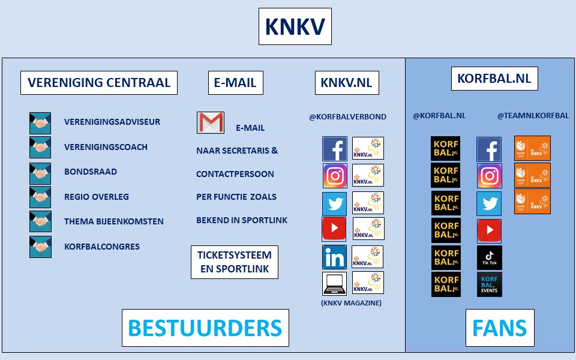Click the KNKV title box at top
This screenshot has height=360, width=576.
(295, 26)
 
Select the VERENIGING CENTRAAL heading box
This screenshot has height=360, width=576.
(99, 83)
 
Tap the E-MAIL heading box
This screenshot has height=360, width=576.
(235, 83)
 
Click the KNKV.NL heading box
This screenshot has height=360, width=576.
(347, 83)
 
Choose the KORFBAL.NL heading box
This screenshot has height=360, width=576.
(494, 79)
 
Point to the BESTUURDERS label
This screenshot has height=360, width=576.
(205, 328)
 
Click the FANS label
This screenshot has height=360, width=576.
(499, 328)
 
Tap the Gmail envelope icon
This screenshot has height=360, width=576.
(210, 123)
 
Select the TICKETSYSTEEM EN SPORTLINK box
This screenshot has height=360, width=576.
(235, 262)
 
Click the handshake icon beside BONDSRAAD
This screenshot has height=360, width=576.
(40, 173)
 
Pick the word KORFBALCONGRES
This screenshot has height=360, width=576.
(102, 247)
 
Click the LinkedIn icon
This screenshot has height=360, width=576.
(334, 257)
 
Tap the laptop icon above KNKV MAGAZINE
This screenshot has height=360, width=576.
(334, 283)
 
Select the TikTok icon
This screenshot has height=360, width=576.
(490, 257)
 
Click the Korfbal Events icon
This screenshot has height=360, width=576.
(490, 284)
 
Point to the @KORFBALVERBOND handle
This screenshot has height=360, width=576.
(348, 117)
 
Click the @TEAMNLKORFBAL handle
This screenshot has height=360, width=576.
(533, 116)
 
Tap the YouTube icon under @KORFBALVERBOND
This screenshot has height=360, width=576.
(334, 229)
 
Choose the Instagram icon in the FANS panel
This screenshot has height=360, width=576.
(490, 176)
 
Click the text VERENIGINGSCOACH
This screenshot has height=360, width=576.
(106, 147)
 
